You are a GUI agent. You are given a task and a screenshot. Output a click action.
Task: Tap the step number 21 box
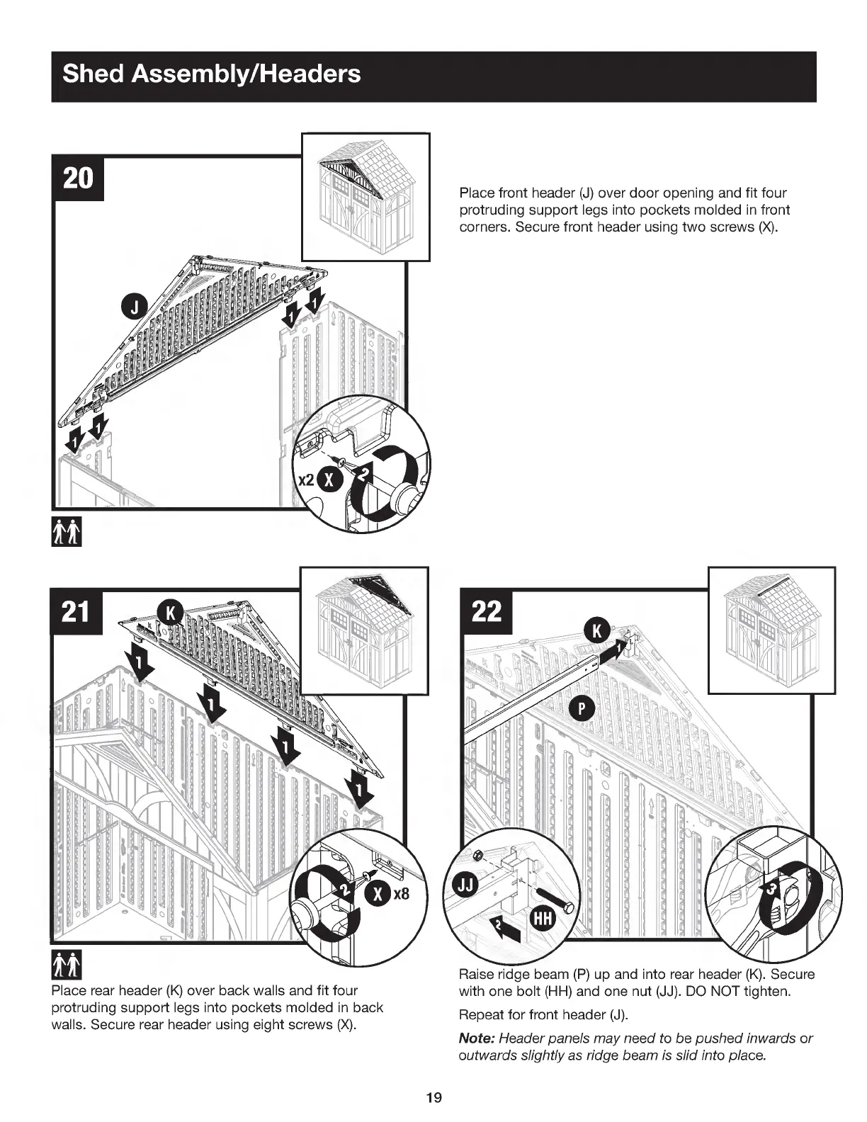[x=76, y=611]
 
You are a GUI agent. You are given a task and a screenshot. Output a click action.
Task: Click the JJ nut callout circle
[x=466, y=885]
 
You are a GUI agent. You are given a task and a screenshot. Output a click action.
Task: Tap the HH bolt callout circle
[x=543, y=919]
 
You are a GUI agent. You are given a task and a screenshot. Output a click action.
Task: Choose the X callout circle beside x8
[x=378, y=894]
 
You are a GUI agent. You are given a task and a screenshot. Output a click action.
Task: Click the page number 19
[x=433, y=1098]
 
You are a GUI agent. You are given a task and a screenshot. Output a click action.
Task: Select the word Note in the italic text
[x=477, y=1038]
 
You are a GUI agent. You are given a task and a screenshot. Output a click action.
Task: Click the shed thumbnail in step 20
[x=365, y=196]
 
